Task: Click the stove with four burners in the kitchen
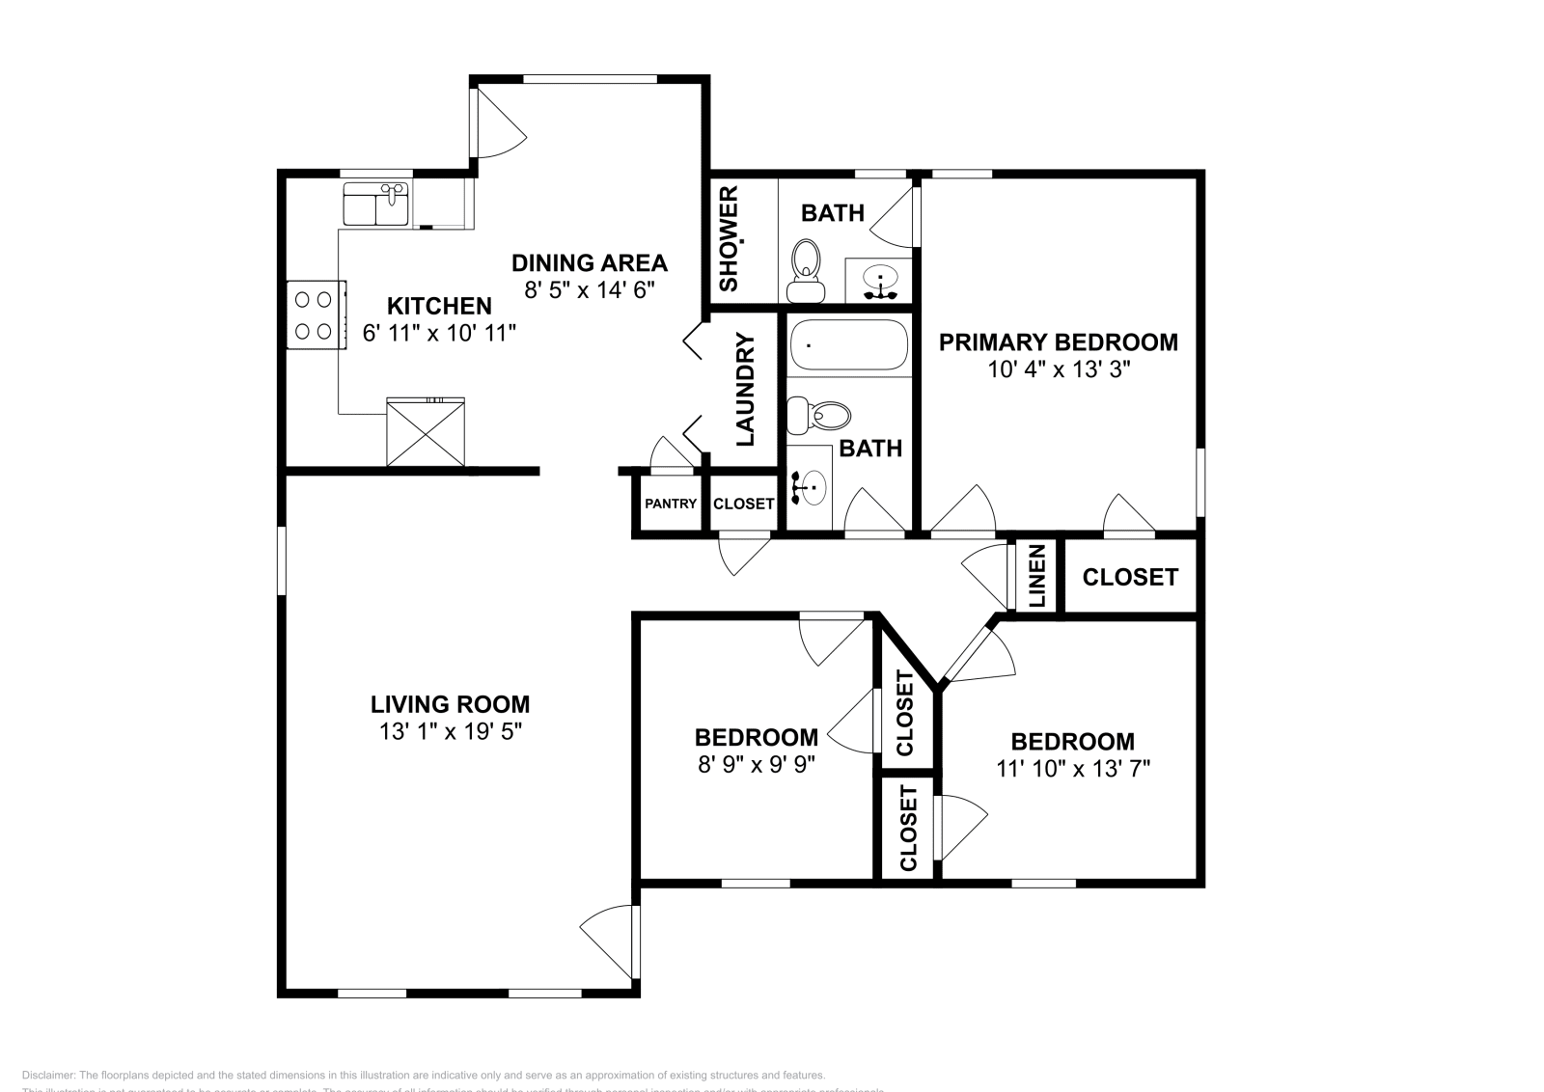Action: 316,314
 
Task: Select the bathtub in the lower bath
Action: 848,345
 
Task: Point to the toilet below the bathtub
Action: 819,416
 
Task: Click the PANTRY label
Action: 671,504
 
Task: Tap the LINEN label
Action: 1037,576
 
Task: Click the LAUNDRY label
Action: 745,390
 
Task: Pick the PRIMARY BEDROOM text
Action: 1059,342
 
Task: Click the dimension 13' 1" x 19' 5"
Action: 451,732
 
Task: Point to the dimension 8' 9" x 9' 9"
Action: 756,765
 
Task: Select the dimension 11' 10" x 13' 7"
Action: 1072,769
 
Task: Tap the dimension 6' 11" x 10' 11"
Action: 440,334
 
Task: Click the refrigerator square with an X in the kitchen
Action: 426,432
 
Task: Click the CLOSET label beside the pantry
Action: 743,504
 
